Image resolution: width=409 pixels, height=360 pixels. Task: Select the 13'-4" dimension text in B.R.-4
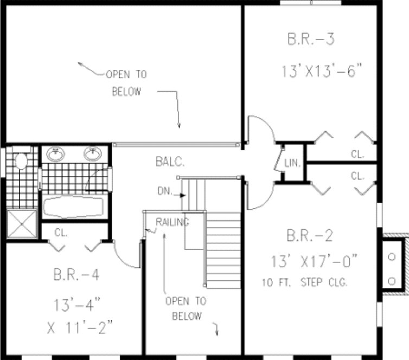(x=75, y=301)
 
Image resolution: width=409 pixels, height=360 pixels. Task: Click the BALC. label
(x=170, y=162)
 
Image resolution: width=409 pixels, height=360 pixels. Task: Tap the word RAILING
(x=172, y=221)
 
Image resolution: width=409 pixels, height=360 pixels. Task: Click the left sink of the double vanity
(x=55, y=155)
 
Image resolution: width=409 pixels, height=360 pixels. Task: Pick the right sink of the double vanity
(x=93, y=155)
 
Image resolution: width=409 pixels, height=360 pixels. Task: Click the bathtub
(x=73, y=207)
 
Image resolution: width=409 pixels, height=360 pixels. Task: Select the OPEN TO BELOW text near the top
(x=126, y=83)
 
